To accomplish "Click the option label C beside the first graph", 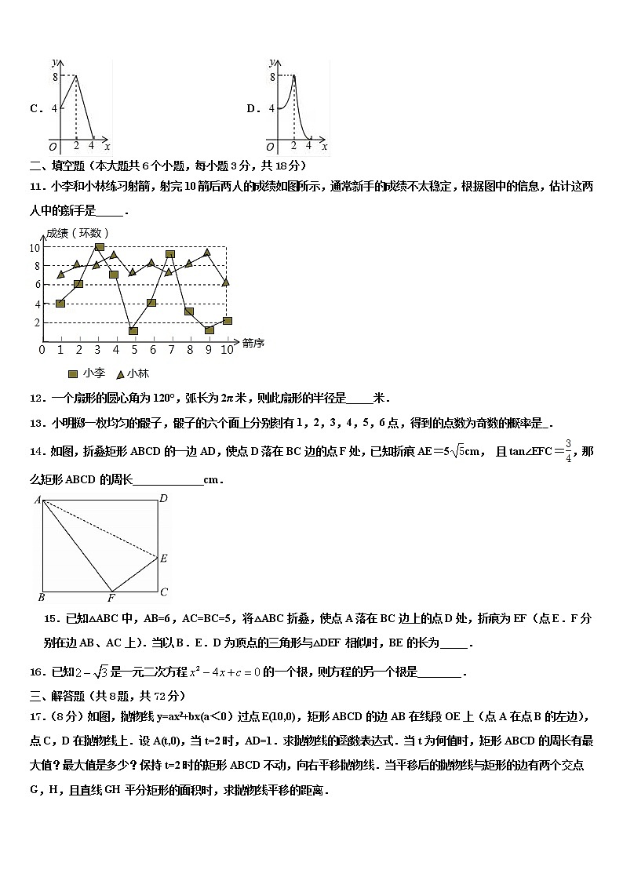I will (35, 109).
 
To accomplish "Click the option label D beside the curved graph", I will (253, 109).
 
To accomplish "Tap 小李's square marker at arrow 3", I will (99, 247).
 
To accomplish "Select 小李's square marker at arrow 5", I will (133, 330).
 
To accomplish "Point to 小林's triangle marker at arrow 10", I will (226, 282).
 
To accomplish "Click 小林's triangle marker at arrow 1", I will (61, 275).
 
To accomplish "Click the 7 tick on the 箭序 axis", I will (171, 349).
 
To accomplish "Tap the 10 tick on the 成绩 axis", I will (35, 248).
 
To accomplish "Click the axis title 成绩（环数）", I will (77, 233).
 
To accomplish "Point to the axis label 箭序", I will (253, 343).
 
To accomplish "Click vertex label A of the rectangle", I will (37, 500).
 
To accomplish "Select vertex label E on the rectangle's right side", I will (164, 559).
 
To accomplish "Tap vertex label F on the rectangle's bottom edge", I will (111, 599).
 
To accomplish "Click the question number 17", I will (36, 715).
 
